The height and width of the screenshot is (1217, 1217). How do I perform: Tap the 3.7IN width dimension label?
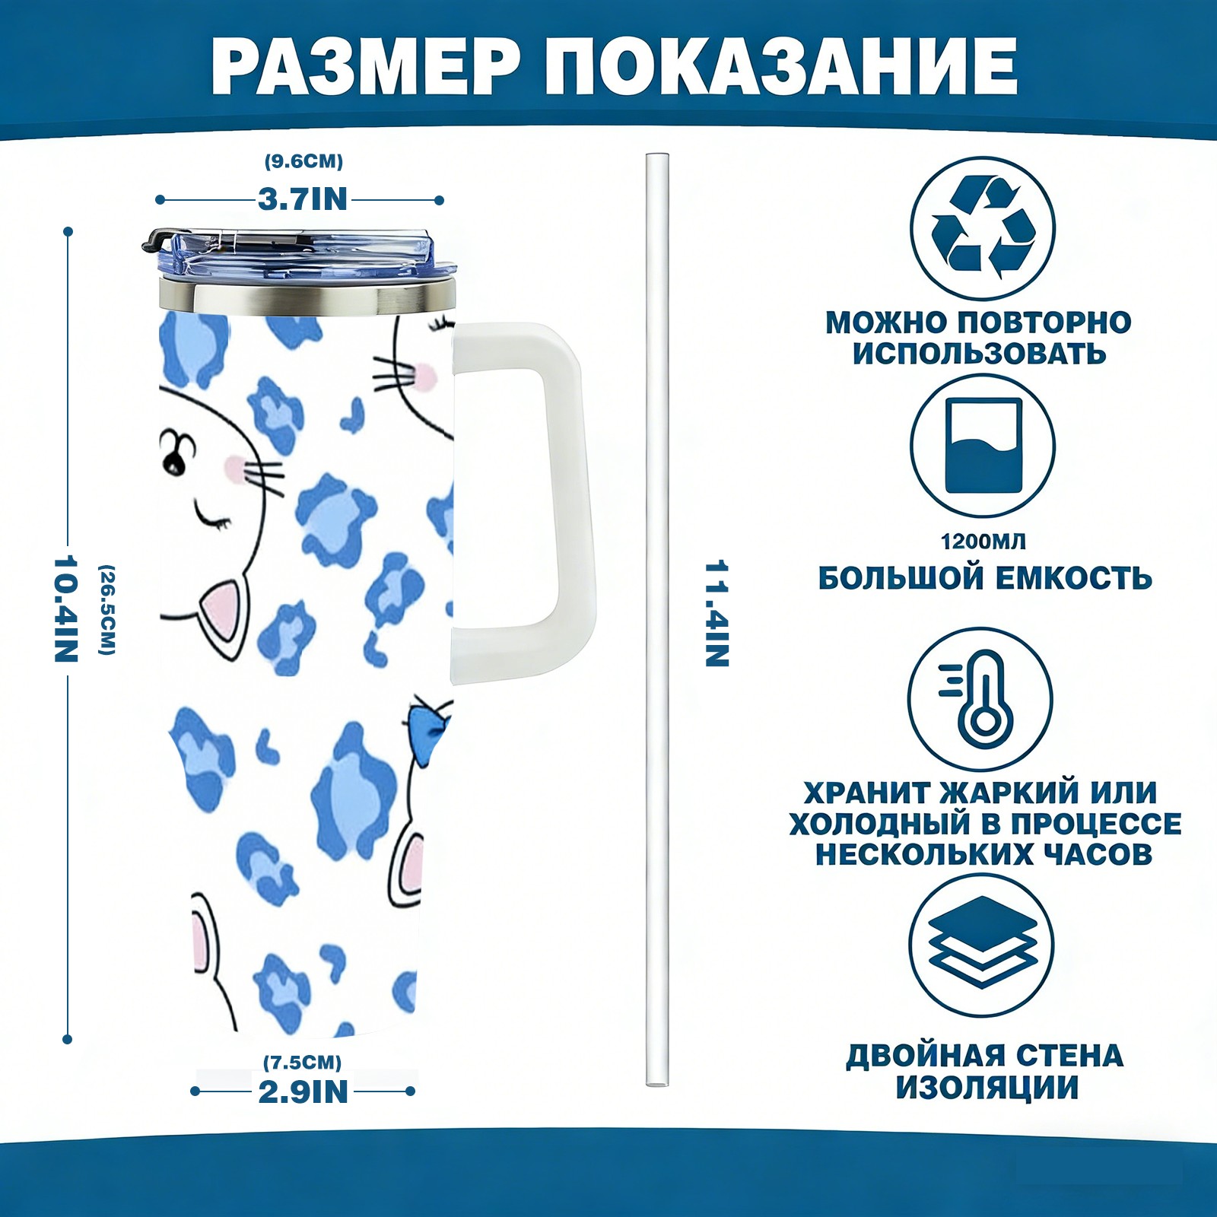[303, 199]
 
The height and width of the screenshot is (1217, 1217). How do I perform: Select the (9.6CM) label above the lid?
[303, 161]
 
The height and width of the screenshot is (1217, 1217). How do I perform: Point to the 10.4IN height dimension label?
[67, 608]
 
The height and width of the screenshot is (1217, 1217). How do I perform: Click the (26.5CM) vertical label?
[106, 609]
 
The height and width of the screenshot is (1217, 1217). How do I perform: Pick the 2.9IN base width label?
[303, 1091]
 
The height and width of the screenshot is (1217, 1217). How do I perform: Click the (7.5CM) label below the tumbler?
[303, 1062]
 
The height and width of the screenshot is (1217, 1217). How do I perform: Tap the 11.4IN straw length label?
[717, 614]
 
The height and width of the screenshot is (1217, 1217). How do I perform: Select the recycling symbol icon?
[983, 227]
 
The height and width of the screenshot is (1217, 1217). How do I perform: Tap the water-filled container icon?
[983, 446]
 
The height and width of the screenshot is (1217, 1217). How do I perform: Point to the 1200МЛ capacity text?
[983, 542]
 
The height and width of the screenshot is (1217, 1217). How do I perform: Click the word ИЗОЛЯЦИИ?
[987, 1088]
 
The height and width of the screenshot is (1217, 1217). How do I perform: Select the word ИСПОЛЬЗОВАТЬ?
[979, 354]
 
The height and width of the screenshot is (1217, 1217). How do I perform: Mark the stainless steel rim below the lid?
[307, 297]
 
